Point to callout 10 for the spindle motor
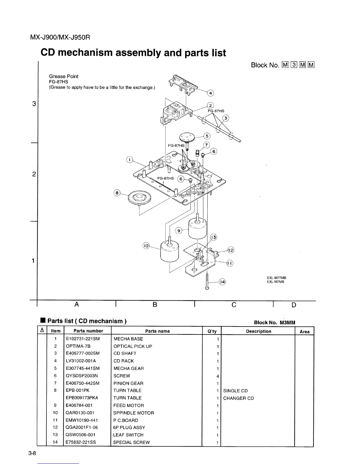tap(146, 246)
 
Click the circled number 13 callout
tap(213, 237)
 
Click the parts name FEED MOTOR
tap(129, 405)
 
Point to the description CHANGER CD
tap(238, 398)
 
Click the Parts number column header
tap(88, 331)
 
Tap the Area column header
tap(304, 332)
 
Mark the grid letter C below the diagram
tap(234, 305)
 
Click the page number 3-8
tap(32, 453)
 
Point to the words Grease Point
tap(64, 76)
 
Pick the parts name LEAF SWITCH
tap(129, 435)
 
